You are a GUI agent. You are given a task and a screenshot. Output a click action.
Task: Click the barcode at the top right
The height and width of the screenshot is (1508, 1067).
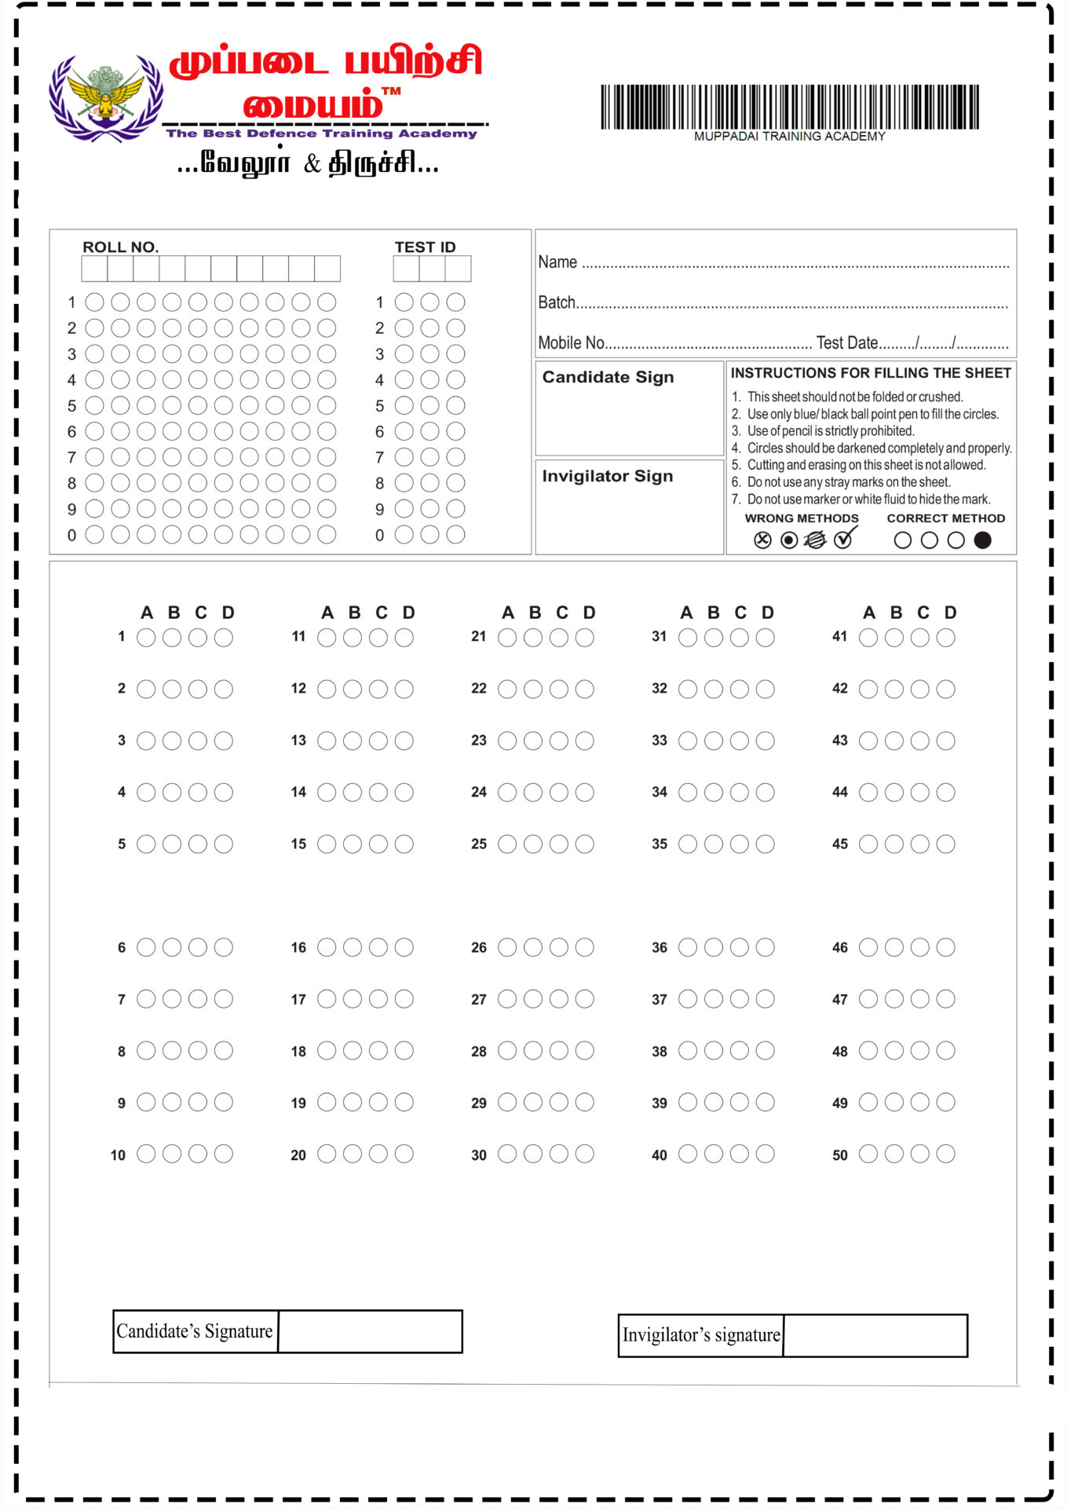(789, 107)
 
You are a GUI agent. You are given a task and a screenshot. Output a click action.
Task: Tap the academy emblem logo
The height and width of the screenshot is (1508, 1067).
(106, 98)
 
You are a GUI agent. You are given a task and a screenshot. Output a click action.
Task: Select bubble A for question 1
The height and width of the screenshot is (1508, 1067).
(146, 638)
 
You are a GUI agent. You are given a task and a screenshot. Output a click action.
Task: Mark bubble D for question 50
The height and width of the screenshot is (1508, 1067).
(945, 1154)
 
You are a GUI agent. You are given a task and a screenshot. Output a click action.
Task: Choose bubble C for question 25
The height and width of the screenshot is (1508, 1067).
(558, 844)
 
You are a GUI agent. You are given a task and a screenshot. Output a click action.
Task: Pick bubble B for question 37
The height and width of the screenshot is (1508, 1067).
(713, 999)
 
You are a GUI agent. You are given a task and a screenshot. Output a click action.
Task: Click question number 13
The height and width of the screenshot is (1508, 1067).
(298, 741)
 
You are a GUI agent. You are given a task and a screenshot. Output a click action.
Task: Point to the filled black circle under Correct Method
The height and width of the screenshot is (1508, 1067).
(982, 540)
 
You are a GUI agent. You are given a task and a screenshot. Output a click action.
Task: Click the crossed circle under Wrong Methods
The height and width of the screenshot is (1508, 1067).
(762, 540)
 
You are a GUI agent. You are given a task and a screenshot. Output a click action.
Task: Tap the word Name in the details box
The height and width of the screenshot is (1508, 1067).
(557, 262)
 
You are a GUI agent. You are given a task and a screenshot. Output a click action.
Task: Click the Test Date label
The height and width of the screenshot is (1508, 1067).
(846, 343)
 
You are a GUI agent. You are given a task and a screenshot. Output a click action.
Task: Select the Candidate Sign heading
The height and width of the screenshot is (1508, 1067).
(608, 377)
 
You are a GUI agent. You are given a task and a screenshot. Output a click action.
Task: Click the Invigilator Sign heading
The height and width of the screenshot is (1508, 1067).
(607, 476)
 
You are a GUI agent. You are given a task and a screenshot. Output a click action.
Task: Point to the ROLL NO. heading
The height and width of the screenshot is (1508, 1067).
(120, 247)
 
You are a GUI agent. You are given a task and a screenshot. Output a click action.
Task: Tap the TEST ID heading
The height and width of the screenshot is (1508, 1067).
(425, 247)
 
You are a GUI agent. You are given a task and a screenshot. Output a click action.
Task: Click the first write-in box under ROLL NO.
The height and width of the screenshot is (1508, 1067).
(94, 269)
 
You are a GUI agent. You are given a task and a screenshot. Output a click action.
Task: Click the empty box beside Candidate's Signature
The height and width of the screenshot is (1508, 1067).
(370, 1331)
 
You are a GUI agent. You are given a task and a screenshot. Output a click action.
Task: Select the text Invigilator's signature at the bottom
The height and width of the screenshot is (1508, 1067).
(701, 1335)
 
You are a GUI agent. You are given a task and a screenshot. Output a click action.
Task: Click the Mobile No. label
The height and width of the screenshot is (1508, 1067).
(571, 343)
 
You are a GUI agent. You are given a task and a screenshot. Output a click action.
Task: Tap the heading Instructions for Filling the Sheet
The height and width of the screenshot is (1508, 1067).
(871, 373)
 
